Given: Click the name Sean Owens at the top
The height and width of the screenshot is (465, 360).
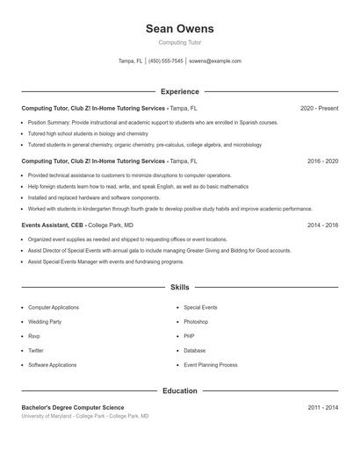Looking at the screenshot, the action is (179, 29).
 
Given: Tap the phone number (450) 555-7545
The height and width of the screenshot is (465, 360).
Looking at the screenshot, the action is (166, 61).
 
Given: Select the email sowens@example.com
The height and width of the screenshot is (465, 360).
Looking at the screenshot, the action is (215, 61).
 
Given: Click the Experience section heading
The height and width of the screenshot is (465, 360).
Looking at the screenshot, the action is (179, 91).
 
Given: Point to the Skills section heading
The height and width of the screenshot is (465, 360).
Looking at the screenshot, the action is (179, 287).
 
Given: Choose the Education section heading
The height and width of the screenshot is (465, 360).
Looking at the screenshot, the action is (179, 390).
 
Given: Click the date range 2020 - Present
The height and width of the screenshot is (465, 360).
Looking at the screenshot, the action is (319, 108).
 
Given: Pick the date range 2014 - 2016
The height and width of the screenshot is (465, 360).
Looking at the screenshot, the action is (322, 225).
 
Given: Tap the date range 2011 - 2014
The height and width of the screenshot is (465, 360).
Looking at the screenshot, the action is (322, 407).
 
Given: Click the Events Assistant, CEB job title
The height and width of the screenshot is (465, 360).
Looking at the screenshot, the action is (53, 225).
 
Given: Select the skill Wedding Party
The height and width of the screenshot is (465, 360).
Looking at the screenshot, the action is (45, 322).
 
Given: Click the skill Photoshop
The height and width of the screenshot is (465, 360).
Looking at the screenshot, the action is (196, 322).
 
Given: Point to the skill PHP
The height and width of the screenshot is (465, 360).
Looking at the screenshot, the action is (189, 336).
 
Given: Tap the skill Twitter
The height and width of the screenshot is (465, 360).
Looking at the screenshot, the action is (36, 350).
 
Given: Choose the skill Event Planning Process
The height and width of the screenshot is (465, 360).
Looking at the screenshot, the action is (211, 364).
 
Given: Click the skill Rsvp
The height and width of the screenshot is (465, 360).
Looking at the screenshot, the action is (34, 336).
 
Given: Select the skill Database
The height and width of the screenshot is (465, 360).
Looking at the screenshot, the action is (195, 350).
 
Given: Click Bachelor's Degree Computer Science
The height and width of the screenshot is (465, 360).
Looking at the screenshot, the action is (73, 407).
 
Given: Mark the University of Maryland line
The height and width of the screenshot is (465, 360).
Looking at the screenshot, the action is (85, 416).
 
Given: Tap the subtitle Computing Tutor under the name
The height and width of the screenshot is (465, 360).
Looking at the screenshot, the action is (179, 42).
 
